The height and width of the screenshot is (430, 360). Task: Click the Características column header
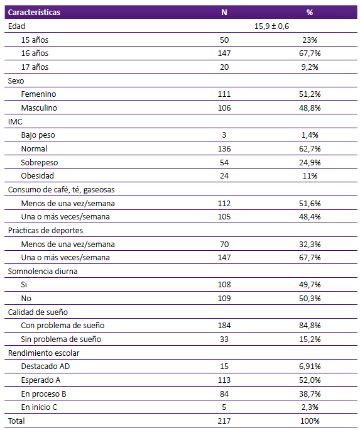(34, 13)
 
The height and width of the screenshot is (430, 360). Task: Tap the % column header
(310, 13)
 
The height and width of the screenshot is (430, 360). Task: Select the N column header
(224, 13)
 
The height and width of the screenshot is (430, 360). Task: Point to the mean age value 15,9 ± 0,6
(271, 26)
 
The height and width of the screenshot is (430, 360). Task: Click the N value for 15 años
(224, 40)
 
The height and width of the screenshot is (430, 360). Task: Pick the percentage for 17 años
(310, 67)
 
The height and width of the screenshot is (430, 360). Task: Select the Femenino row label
(38, 94)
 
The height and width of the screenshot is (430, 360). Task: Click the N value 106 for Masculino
(224, 107)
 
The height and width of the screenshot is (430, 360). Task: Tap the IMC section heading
(15, 121)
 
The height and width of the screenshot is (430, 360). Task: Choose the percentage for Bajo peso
(310, 135)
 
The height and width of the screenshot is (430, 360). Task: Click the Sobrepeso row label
(40, 163)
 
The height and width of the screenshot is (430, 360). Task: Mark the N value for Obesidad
(224, 176)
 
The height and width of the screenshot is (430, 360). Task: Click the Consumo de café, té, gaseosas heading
(61, 190)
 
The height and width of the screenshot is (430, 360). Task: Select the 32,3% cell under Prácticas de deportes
(310, 245)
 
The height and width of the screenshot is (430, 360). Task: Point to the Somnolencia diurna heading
(43, 271)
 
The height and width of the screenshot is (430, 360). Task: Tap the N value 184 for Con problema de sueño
(224, 326)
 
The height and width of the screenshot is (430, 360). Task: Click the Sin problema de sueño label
(61, 339)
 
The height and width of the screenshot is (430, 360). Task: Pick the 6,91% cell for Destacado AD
(310, 367)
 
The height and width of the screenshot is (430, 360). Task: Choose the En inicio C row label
(39, 407)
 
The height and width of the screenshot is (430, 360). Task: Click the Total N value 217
(224, 421)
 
